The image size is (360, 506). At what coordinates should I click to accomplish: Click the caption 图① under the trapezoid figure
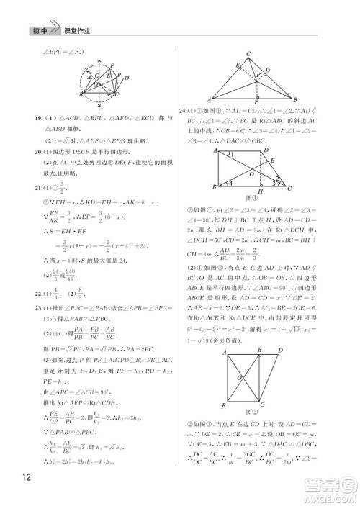(253, 196)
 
